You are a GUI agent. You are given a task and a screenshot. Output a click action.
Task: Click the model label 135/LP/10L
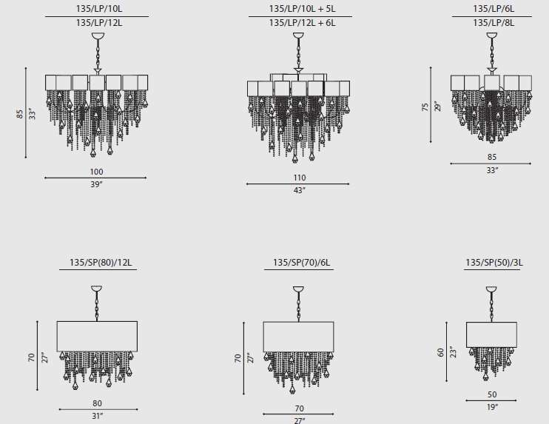[99, 8]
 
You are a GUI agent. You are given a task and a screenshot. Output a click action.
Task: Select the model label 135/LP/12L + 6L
[302, 23]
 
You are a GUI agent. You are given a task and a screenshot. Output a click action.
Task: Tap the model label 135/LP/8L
[494, 23]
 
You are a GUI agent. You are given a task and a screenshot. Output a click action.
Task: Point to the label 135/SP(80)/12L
[101, 262]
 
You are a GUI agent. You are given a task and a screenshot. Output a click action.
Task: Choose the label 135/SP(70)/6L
[301, 262]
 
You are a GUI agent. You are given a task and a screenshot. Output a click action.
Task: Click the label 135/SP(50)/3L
[494, 262]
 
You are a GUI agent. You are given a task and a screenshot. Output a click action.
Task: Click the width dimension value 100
[96, 172]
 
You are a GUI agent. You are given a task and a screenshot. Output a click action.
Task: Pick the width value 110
[300, 178]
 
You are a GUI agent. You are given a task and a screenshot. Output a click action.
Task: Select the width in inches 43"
[300, 190]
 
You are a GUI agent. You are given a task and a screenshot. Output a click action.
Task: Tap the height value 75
[425, 107]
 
